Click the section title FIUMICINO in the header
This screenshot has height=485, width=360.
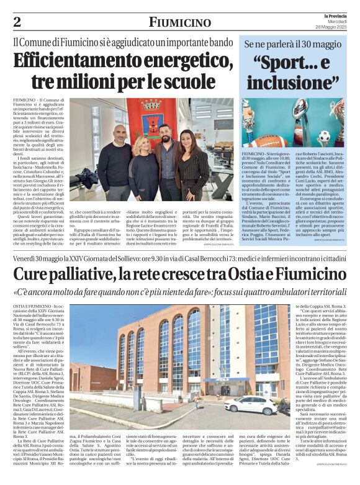point(179,23)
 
